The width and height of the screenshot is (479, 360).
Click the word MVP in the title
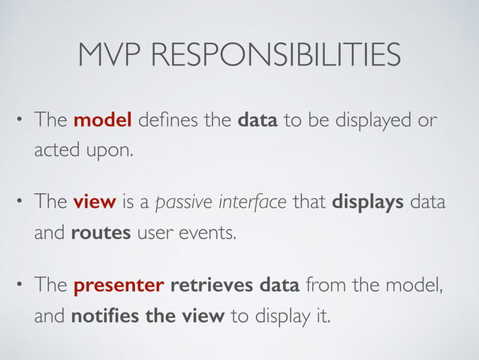coord(110,55)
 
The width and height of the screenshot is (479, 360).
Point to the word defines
coord(164,121)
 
